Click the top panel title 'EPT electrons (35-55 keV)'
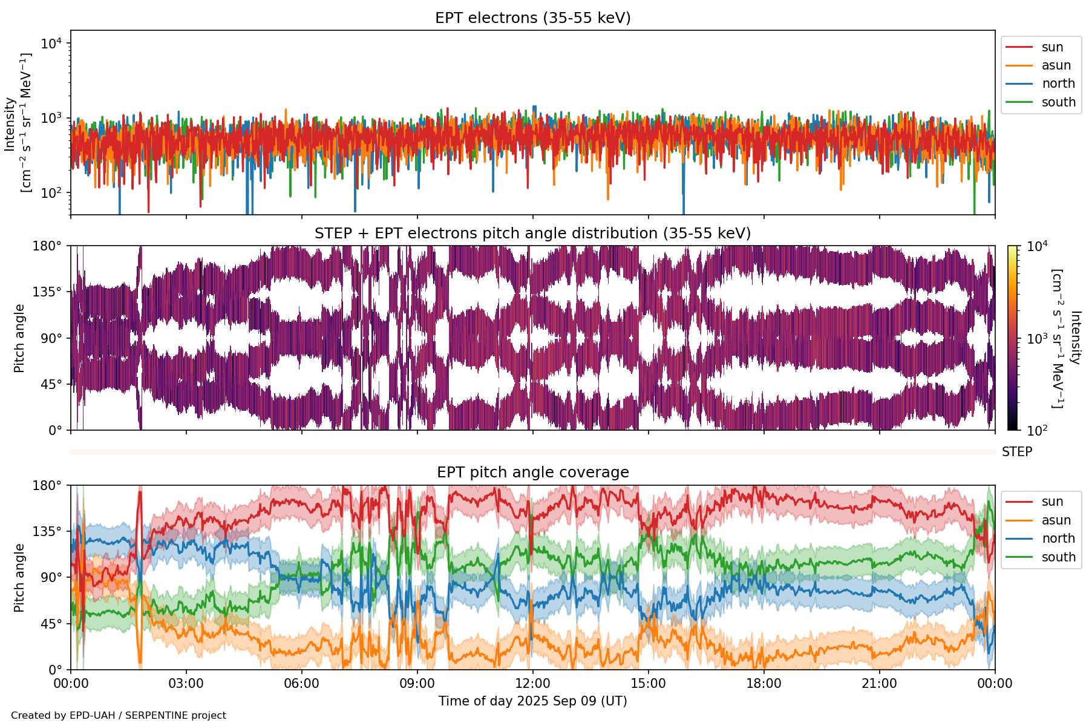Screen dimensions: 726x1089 pos(532,18)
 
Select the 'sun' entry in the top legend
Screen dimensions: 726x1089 pos(1052,47)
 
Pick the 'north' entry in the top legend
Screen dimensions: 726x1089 pos(1058,83)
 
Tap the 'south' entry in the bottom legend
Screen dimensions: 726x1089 pos(1058,557)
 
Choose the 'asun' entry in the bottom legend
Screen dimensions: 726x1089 pos(1056,520)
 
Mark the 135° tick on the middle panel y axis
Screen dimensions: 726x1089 pos(51,292)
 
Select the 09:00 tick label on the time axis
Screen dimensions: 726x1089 pos(417,684)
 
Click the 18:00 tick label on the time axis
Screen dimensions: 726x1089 pos(764,684)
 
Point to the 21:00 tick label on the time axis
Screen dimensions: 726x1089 pos(880,684)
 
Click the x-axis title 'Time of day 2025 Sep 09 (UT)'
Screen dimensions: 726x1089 pos(532,701)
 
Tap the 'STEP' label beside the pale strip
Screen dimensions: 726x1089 pos(1017,452)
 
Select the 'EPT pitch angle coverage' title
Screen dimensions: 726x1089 pos(532,473)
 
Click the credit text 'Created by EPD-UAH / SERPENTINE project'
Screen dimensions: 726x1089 pos(119,716)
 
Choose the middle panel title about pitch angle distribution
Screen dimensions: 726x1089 pos(532,234)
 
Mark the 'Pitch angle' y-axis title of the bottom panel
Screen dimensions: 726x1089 pos(19,578)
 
